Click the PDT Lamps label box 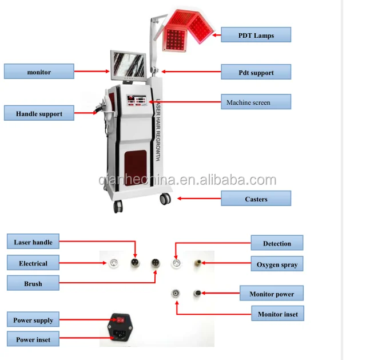[x=256, y=35]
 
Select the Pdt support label [x=256, y=72]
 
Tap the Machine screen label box [x=256, y=102]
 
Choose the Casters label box [x=256, y=199]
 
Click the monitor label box [x=39, y=72]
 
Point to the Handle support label [x=39, y=113]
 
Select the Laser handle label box [x=33, y=242]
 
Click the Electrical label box [x=33, y=263]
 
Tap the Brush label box [x=33, y=283]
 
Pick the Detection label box [x=277, y=243]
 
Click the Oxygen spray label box [x=277, y=264]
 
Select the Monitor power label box [x=272, y=294]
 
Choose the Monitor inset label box [x=277, y=314]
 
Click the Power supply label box [x=33, y=320]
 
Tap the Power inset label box [x=33, y=339]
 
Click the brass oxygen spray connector [x=197, y=263]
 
